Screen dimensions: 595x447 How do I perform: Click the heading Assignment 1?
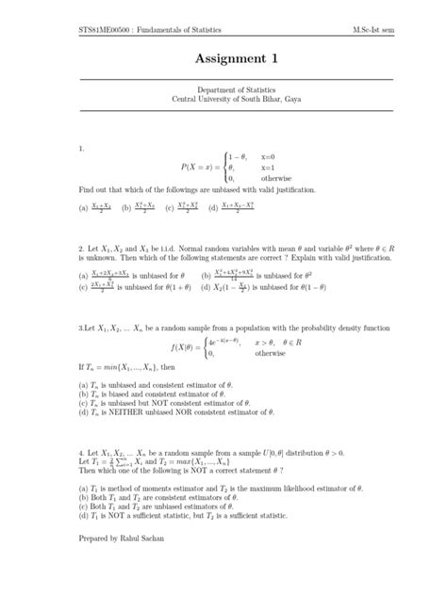[x=223, y=59]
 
